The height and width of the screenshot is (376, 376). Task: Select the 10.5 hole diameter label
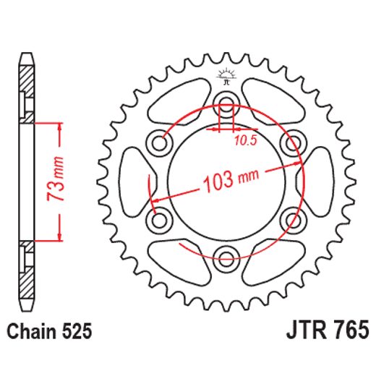(246, 141)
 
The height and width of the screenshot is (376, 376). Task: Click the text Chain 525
(49, 332)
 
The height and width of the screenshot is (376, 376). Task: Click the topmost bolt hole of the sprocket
(226, 102)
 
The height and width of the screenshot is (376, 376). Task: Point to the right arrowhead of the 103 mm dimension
(299, 163)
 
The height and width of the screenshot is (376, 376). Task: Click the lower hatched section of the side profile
(27, 282)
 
